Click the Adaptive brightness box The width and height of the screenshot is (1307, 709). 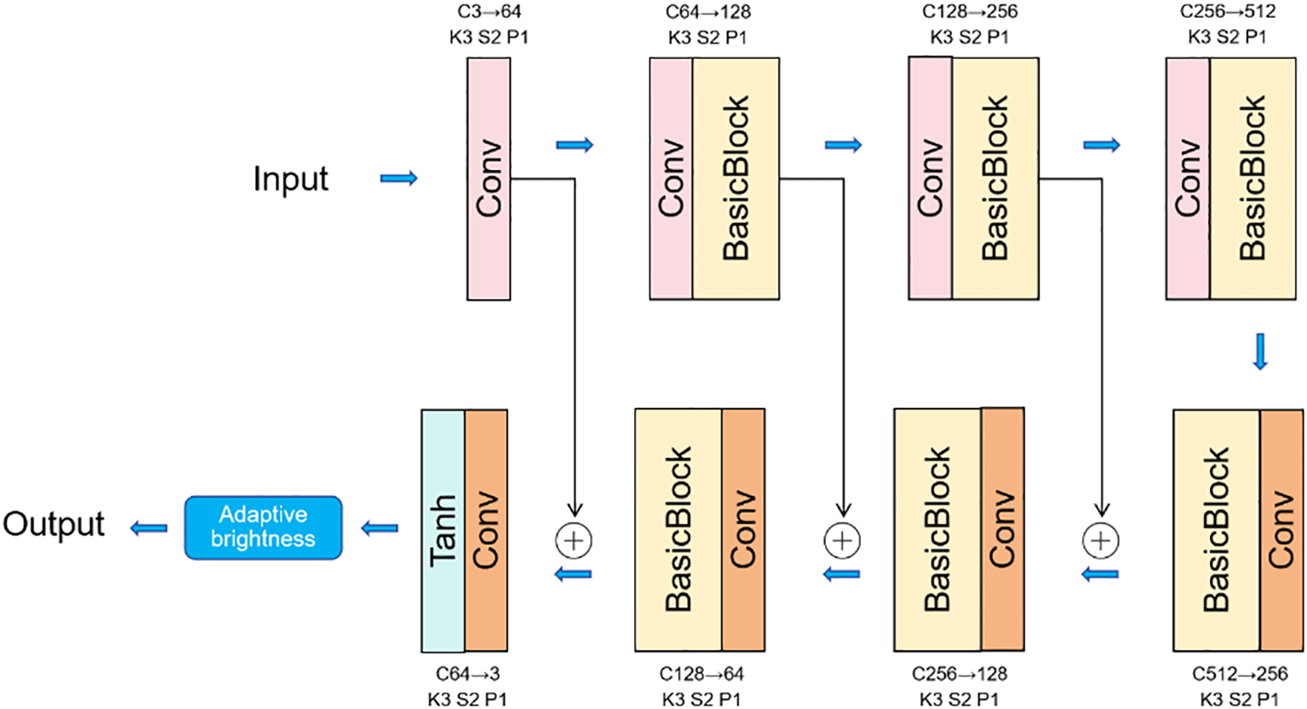(263, 528)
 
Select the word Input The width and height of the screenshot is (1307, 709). (290, 179)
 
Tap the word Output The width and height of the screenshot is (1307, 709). (54, 524)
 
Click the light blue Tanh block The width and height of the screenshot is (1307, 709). (443, 531)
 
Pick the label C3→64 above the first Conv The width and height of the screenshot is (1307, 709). (489, 12)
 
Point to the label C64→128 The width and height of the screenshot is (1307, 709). (708, 12)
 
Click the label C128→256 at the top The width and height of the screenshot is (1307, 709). (970, 12)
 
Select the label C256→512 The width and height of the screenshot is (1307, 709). (1228, 12)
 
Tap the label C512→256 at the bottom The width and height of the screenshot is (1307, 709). (1240, 674)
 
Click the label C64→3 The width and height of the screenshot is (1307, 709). (467, 674)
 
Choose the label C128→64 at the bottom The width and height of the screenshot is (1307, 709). (702, 674)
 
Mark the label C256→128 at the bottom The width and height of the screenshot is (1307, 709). (960, 674)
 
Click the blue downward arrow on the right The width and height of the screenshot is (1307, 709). (1260, 352)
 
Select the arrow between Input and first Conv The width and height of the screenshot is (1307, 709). (398, 178)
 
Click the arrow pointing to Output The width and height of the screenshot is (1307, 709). (149, 529)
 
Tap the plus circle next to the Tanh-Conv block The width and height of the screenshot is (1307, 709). (574, 540)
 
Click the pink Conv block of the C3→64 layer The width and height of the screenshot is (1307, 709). (489, 179)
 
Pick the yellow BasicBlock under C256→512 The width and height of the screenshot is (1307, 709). (1252, 179)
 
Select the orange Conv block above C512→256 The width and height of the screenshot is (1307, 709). (1281, 530)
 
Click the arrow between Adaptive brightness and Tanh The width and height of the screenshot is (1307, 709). (380, 529)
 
